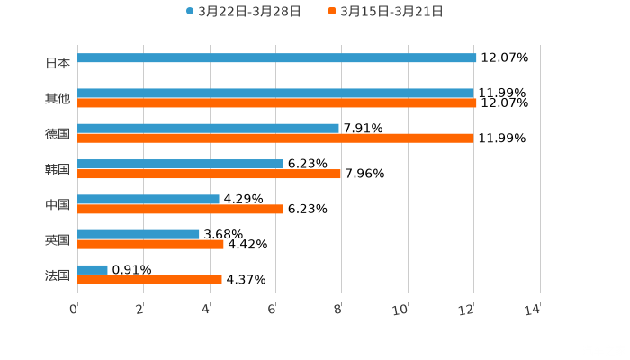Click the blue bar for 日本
[x=277, y=58]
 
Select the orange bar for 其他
[x=277, y=103]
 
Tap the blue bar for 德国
[x=208, y=129]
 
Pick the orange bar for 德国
[x=275, y=139]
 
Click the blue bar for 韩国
[x=180, y=165]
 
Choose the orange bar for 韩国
[x=209, y=175]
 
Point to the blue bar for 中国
[x=148, y=200]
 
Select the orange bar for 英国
[x=150, y=244]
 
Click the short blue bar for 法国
[x=93, y=270]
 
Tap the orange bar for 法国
[x=149, y=279]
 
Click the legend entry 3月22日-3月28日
[x=243, y=12]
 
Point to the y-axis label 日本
[x=58, y=64]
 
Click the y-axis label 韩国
[x=58, y=169]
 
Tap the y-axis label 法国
[x=58, y=274]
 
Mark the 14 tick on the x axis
[x=533, y=310]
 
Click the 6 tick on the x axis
[x=273, y=310]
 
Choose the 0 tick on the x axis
[x=75, y=310]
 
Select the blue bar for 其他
[x=275, y=94]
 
